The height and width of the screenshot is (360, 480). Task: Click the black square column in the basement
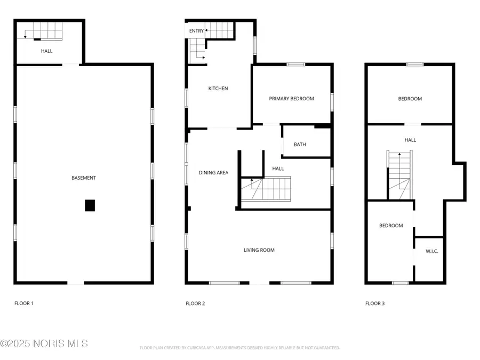point(90,205)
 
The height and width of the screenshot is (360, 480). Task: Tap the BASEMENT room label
point(84,178)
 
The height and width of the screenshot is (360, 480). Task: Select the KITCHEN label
point(218,89)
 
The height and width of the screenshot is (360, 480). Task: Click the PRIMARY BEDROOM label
point(291,99)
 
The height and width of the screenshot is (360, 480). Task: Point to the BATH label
point(300,145)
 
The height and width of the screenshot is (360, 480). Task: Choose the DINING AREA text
point(213,172)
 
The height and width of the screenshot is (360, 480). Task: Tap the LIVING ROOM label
point(259,250)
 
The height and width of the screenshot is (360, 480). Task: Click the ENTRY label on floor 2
point(196,31)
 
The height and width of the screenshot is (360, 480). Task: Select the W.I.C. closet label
point(432,251)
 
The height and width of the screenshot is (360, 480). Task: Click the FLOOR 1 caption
point(23,303)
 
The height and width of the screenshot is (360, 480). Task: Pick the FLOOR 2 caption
point(195,303)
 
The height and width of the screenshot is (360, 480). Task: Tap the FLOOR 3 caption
point(375,303)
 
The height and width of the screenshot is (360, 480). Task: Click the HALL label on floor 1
point(47,51)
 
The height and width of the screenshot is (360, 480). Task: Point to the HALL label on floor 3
point(410,140)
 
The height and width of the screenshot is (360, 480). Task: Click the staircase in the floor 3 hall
point(399,175)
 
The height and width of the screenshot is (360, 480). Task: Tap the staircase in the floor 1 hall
point(44,31)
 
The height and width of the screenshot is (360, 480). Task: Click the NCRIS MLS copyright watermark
point(44,343)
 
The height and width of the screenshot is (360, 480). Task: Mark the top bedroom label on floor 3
point(410,99)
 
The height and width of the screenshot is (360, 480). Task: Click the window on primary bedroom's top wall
point(295,65)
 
